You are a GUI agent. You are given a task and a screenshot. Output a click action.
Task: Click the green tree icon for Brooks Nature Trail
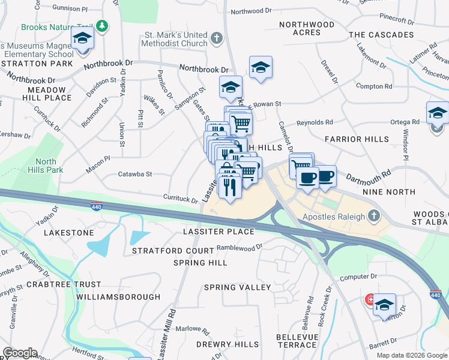coord(102,26)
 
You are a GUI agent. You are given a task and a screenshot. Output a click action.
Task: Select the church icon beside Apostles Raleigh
coord(374,215)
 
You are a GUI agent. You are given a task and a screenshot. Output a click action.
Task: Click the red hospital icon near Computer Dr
coord(370,299)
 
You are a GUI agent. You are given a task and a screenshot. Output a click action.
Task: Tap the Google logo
coord(19,353)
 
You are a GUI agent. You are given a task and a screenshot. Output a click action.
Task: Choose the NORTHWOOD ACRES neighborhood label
coord(307,28)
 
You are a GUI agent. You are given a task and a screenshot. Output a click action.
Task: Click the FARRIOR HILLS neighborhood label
coord(352,139)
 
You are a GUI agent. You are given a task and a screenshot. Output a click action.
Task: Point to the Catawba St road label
coord(136,174)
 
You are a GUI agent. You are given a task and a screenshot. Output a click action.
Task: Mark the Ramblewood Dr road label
coord(240,247)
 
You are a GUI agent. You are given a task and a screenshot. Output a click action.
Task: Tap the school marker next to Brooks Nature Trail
coord(82,40)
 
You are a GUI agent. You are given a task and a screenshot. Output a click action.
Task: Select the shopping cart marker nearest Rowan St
coord(241,124)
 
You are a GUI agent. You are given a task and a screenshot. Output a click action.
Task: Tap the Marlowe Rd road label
coord(190,329)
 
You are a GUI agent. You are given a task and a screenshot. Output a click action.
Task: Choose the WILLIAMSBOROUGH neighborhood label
coord(119,297)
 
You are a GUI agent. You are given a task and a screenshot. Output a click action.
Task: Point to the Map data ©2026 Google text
coord(411,355)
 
